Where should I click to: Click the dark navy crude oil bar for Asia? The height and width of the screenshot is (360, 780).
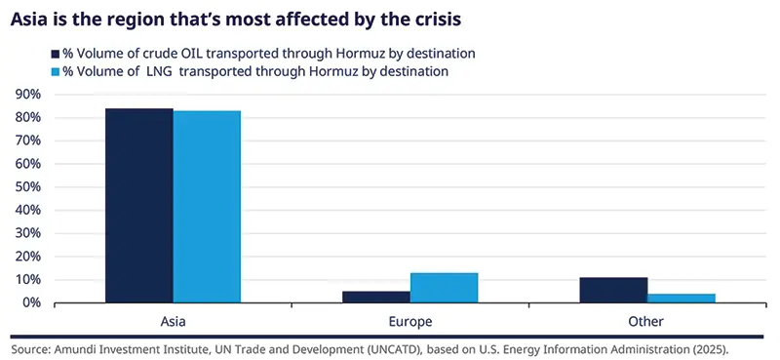(x=139, y=206)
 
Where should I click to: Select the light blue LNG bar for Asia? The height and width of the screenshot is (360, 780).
(x=207, y=207)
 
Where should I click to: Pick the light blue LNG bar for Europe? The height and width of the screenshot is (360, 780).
(x=444, y=288)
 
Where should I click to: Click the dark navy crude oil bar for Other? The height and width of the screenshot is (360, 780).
(x=613, y=290)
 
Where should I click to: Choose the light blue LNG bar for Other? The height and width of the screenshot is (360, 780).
(x=682, y=298)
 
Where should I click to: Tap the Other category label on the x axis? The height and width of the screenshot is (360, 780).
(x=647, y=320)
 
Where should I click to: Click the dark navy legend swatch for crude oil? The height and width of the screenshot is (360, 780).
(x=55, y=54)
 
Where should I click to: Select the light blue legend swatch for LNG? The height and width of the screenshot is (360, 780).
(x=55, y=71)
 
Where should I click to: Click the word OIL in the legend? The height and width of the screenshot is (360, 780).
(x=182, y=54)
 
